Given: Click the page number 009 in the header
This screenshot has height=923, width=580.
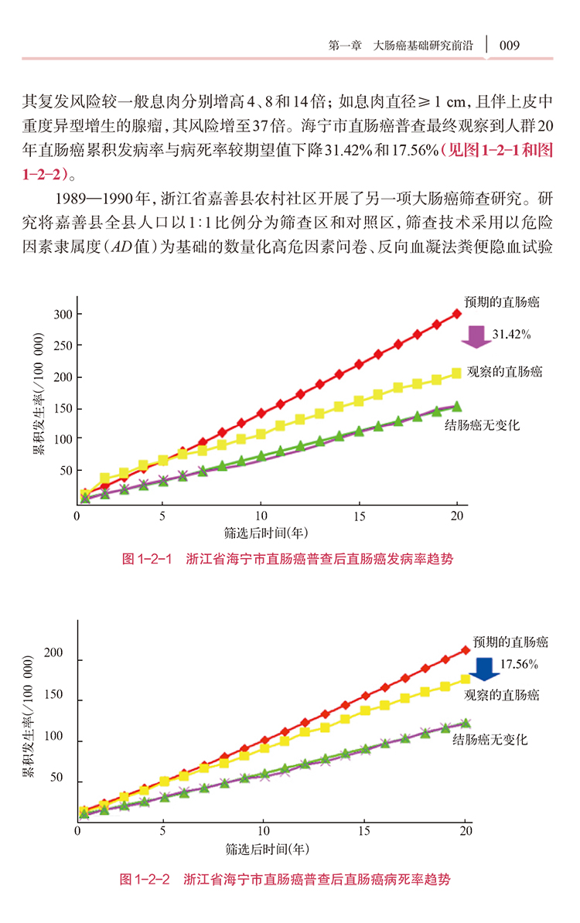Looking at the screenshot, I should pos(509,45).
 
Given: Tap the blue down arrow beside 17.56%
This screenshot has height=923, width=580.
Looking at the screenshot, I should pos(485,667).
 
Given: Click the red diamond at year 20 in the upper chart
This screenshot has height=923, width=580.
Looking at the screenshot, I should pos(457,313).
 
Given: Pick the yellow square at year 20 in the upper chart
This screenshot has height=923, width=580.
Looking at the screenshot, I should pos(456,373).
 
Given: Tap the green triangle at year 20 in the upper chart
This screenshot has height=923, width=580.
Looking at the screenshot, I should pos(456,406).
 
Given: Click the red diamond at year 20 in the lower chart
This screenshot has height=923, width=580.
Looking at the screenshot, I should pos(466,650).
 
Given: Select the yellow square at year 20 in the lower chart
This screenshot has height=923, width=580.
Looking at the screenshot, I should pos(466,679).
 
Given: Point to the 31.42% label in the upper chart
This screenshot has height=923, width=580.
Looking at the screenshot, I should pos(511,334).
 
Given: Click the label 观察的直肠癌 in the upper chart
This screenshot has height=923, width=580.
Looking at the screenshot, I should pos(505,372).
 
